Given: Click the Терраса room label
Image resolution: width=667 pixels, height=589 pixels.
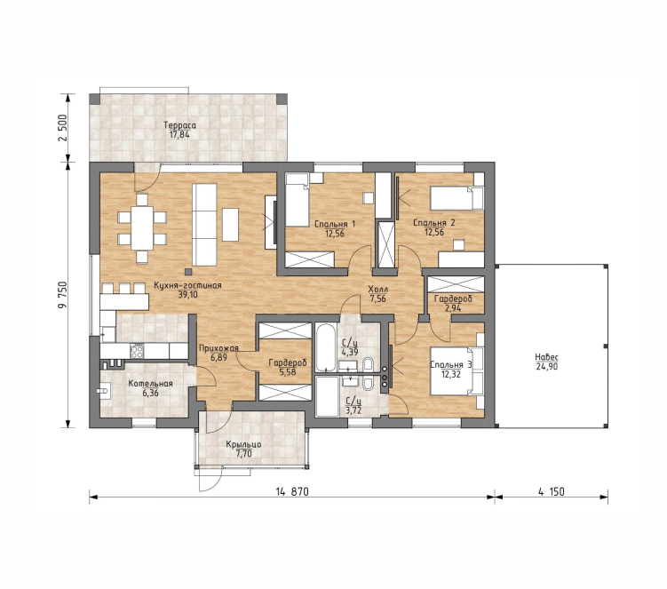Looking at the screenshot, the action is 180,125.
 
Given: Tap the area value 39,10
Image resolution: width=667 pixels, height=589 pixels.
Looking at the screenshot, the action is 187,295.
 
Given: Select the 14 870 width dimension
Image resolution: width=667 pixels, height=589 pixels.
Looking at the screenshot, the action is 292,491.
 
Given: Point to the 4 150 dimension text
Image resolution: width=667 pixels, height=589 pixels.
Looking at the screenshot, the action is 552,491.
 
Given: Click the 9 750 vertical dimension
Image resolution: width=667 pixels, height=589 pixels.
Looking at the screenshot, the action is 62,295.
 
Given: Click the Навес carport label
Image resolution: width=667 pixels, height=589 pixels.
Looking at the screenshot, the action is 546,357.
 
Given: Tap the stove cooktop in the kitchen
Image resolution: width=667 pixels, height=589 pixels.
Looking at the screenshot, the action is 137,351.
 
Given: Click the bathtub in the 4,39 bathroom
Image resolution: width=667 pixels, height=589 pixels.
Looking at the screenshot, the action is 326,347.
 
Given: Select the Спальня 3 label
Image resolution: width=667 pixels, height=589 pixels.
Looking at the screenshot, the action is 451,365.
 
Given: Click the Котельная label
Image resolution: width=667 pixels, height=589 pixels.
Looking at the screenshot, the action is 151,384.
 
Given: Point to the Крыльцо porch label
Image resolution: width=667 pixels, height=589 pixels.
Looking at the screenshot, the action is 243,445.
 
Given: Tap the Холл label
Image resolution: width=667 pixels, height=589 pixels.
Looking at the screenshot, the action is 377,290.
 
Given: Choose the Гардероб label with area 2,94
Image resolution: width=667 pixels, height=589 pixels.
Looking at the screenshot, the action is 453,298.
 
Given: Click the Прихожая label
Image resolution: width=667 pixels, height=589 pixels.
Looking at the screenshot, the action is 218,348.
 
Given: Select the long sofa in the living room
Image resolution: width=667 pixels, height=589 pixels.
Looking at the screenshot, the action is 204,224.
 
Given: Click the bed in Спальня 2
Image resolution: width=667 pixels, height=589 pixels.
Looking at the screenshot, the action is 457,198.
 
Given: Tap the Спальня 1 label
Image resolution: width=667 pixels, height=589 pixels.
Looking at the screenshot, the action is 335,224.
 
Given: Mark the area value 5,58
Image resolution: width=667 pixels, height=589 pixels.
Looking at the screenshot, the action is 288,372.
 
